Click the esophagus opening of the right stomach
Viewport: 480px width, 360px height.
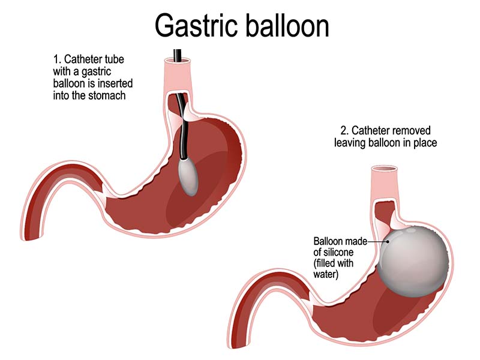(383, 170)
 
